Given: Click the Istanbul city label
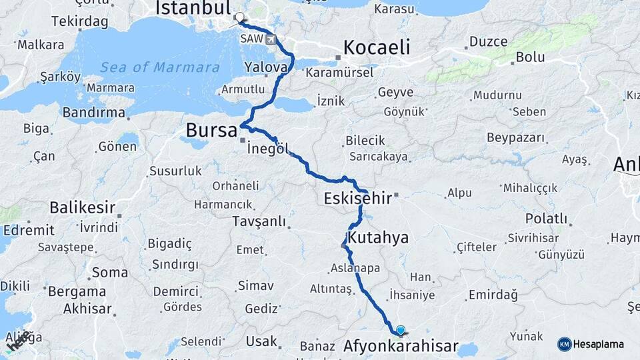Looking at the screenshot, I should [193, 8].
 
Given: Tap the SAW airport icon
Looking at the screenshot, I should [271, 39].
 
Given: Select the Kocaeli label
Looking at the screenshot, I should [376, 48].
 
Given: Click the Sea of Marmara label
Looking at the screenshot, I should [160, 67].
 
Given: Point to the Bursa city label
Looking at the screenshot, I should [211, 130].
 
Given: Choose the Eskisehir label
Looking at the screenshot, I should [358, 197].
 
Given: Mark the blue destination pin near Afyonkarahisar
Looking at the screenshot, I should [400, 329].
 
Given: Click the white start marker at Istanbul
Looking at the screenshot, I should [240, 19].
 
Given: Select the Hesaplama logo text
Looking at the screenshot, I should [599, 345].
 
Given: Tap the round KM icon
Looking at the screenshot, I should [565, 344].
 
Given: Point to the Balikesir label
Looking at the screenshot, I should [83, 207].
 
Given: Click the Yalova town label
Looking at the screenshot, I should [266, 67].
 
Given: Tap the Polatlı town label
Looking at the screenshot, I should [546, 219].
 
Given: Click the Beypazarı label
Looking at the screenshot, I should [516, 138].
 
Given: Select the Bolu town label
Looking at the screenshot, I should [531, 57].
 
